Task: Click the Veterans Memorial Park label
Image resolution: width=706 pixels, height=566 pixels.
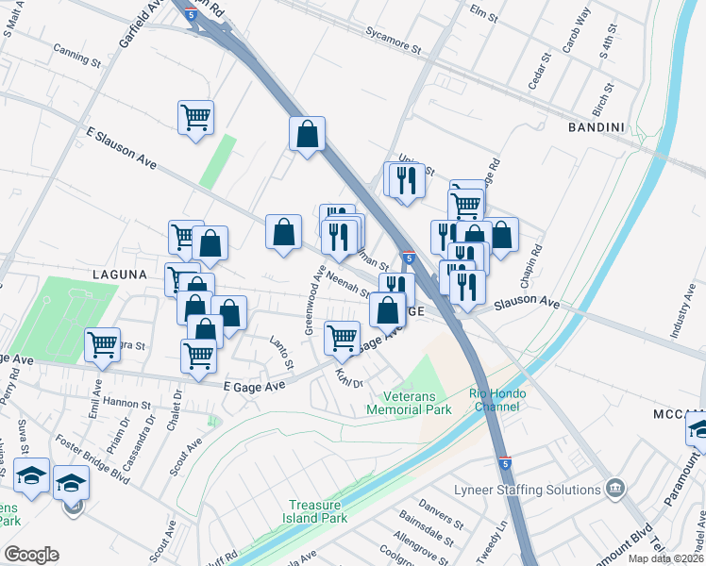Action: click(414, 402)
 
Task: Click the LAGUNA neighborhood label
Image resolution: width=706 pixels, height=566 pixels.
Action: click(120, 274)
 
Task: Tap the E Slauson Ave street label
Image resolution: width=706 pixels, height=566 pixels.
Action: click(121, 148)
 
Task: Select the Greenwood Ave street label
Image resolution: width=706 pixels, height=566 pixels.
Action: click(313, 299)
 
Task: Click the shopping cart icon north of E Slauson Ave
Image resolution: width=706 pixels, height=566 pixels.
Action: click(195, 118)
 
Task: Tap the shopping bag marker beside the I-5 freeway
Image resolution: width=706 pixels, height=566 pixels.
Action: click(307, 133)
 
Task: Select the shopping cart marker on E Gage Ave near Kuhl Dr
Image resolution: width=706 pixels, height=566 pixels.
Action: click(342, 337)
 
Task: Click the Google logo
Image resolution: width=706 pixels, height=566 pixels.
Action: click(31, 555)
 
